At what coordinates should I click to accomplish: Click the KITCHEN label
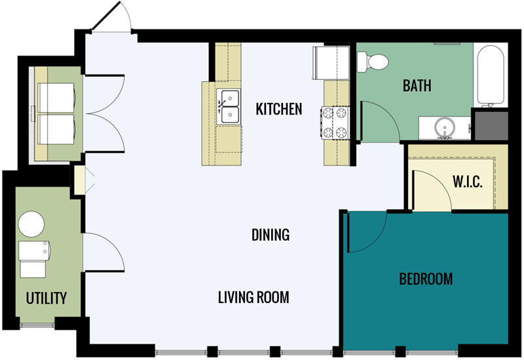(x=279, y=109)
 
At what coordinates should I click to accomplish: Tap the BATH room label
(x=417, y=86)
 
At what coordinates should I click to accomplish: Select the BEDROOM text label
(x=426, y=279)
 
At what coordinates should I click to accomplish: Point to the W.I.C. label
(x=468, y=182)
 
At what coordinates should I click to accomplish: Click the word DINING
(x=271, y=235)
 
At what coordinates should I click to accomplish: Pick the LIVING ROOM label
(x=253, y=297)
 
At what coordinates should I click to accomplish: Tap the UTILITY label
(x=46, y=298)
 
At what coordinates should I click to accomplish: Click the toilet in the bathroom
(x=372, y=62)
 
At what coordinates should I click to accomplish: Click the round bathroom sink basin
(x=445, y=128)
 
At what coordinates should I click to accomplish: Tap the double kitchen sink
(x=228, y=107)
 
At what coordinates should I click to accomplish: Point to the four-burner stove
(x=335, y=122)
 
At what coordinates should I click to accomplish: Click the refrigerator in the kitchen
(x=331, y=63)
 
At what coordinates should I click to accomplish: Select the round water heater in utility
(x=31, y=224)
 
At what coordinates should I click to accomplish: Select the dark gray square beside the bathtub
(x=491, y=126)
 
